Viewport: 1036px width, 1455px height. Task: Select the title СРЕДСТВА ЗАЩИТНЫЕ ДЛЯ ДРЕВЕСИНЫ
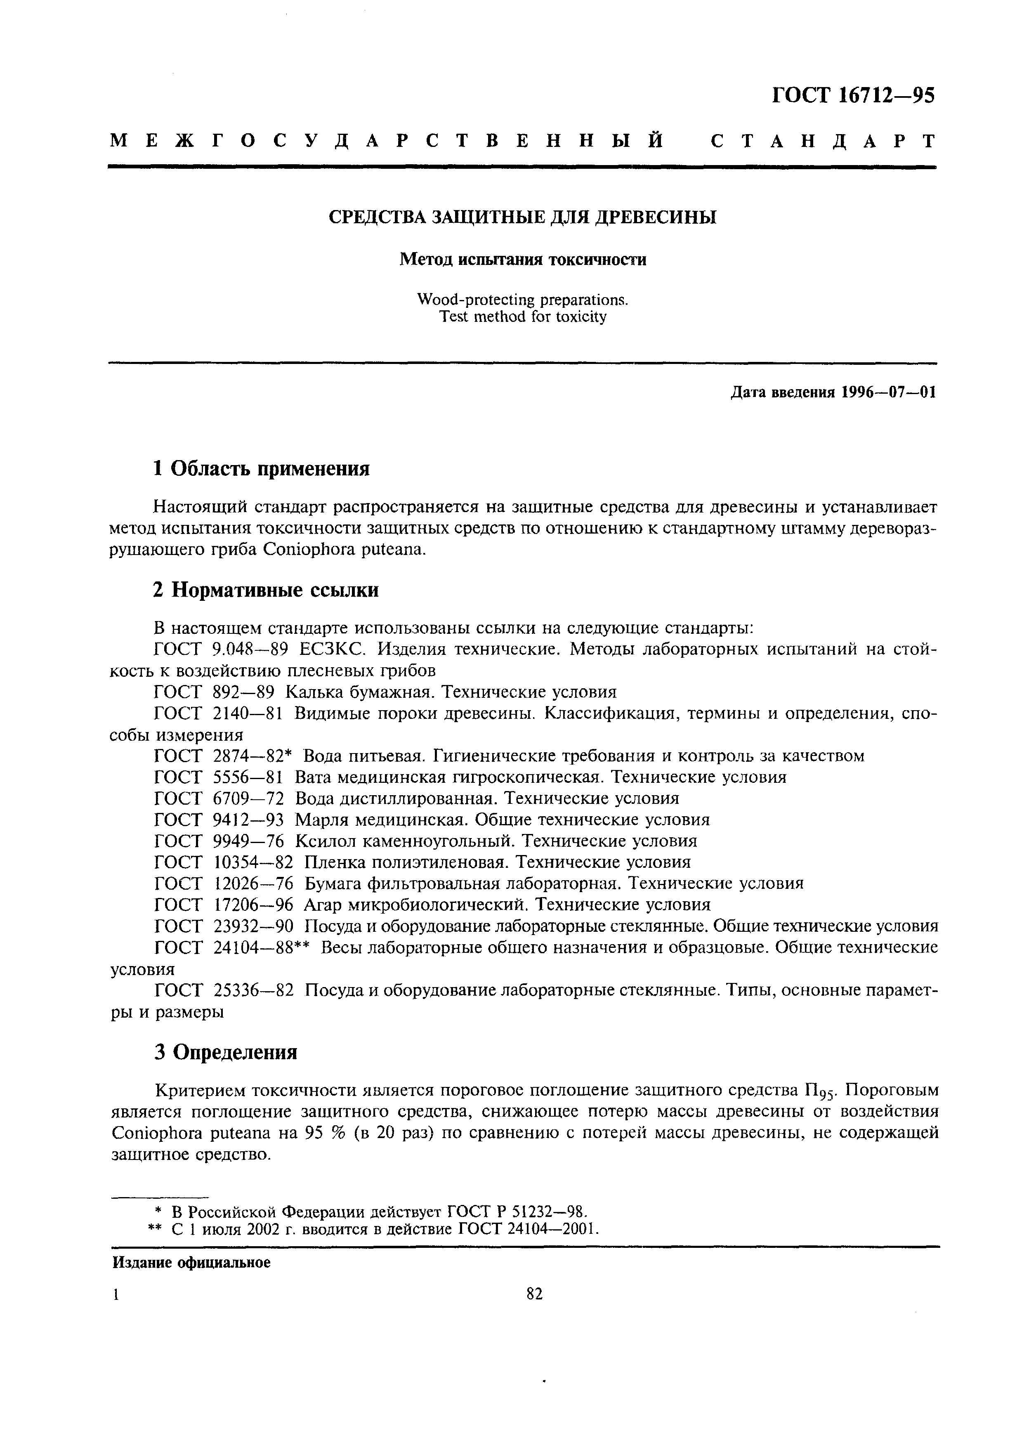click(x=522, y=217)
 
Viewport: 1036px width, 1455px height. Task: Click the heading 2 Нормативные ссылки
click(x=266, y=590)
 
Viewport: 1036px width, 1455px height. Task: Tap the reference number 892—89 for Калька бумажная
click(x=243, y=692)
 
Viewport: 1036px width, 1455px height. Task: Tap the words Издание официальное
click(x=191, y=1262)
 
